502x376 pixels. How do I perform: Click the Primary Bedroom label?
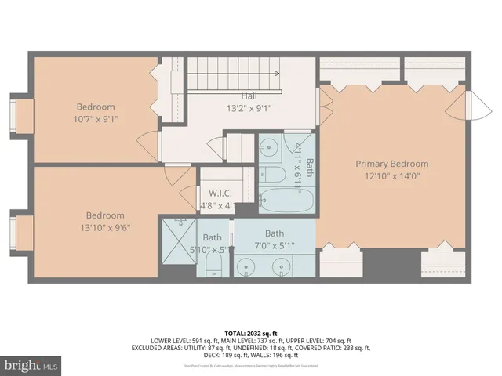click(x=392, y=164)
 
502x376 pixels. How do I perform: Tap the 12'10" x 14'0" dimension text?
click(x=392, y=176)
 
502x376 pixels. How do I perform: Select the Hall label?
click(x=228, y=96)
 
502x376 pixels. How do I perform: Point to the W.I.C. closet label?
click(x=218, y=193)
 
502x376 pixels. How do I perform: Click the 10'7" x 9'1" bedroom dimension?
click(x=96, y=120)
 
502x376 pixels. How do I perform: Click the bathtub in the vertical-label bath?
click(x=286, y=201)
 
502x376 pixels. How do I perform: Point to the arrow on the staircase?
click(x=275, y=73)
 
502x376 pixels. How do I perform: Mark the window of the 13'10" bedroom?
click(x=15, y=232)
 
